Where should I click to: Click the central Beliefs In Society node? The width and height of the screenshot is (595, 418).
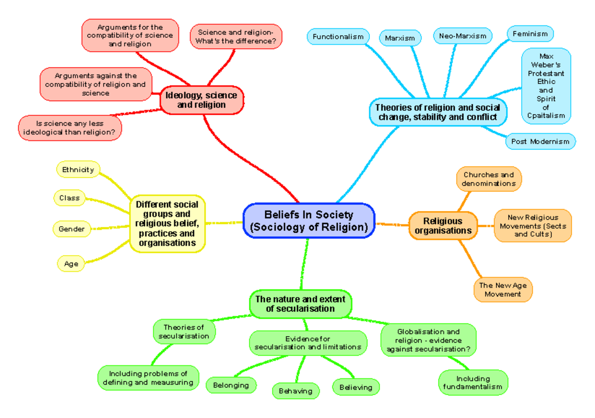click(x=309, y=221)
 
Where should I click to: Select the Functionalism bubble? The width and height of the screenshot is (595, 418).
click(x=338, y=37)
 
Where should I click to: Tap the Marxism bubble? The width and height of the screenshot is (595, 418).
click(x=400, y=38)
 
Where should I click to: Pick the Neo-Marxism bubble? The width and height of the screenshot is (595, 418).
click(x=463, y=36)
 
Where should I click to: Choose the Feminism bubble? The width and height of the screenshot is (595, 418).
click(x=530, y=34)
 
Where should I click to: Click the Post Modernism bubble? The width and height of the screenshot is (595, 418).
click(x=540, y=141)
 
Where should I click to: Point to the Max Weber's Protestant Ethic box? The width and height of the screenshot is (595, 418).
click(x=546, y=86)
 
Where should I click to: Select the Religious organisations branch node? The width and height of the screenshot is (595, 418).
click(x=443, y=226)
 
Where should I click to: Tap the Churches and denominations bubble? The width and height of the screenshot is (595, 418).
click(x=488, y=179)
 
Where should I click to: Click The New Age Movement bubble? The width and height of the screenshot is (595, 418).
click(x=503, y=290)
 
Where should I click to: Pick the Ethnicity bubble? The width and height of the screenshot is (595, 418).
click(x=78, y=170)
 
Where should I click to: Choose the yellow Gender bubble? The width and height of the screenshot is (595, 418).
click(x=71, y=229)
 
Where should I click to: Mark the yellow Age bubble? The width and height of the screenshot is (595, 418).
click(x=71, y=264)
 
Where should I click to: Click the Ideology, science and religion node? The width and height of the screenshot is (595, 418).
click(x=201, y=100)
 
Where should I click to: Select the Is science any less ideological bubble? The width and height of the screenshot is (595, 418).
click(x=69, y=128)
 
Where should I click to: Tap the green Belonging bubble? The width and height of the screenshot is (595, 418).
click(x=231, y=385)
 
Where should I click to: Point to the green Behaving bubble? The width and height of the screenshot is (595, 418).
click(x=296, y=391)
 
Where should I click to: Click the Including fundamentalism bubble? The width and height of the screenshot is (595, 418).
click(x=473, y=383)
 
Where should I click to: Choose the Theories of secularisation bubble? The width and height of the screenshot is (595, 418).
click(x=183, y=332)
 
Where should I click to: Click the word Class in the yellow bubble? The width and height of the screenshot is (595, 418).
click(x=69, y=198)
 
